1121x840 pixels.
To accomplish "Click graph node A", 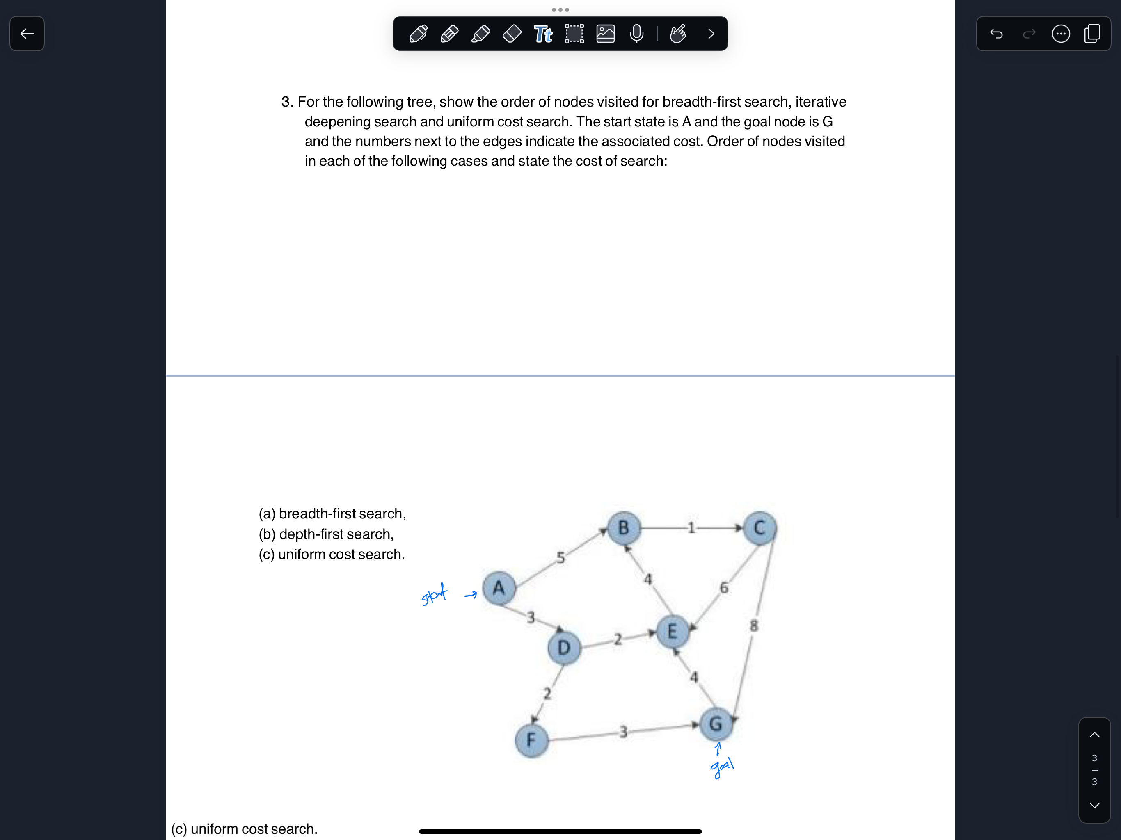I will [499, 588].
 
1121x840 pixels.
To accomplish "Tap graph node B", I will [623, 528].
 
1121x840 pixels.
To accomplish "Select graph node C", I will [759, 528].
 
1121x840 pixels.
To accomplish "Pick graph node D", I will [563, 648].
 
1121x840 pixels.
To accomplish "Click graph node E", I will [672, 632].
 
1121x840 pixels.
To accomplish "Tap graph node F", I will [531, 740].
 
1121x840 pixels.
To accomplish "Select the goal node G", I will [716, 724].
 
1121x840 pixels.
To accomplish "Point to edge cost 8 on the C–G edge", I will [754, 626].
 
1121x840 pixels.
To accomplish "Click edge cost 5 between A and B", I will [560, 558].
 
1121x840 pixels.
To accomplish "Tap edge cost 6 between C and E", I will [724, 588].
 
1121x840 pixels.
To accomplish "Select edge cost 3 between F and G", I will [623, 732].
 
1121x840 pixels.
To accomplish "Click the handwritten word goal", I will [722, 767].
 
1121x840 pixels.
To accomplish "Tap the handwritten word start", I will [434, 594].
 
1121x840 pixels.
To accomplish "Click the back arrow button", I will [27, 34].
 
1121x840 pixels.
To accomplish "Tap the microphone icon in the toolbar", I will [636, 34].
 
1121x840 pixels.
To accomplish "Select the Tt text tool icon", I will [543, 34].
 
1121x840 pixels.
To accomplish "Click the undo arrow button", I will [996, 34].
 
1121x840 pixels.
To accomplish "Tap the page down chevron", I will [1094, 805].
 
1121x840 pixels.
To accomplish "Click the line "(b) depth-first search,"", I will [326, 534].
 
